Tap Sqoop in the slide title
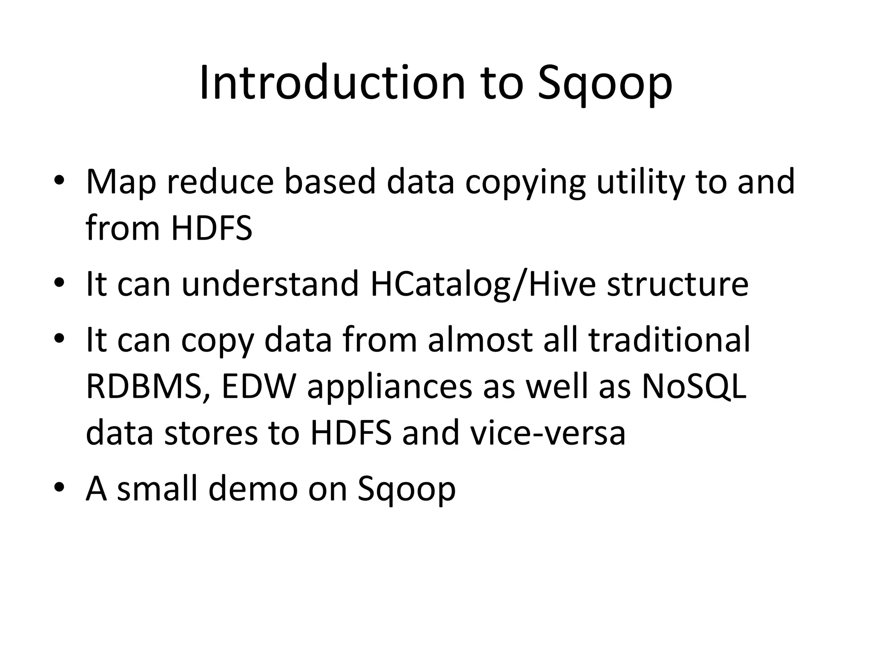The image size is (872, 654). coord(605,85)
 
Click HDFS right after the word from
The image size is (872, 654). coord(212,228)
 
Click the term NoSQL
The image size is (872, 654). coord(694,386)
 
